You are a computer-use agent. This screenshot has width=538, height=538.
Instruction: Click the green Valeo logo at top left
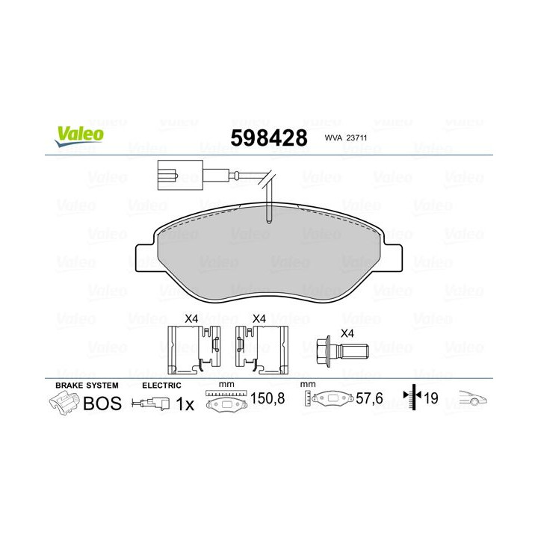[x=78, y=133]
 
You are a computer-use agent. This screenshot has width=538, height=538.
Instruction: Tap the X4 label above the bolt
[x=347, y=334]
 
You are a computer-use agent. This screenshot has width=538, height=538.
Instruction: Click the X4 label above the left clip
[x=191, y=318]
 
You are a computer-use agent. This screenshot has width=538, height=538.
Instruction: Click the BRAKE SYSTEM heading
[x=86, y=385]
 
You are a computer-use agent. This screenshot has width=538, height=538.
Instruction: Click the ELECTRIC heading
[x=161, y=385]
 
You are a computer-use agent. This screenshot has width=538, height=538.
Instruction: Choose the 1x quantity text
[x=185, y=404]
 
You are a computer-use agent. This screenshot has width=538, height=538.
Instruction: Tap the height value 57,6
[x=368, y=399]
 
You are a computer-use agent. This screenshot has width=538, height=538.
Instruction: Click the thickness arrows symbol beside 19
[x=412, y=398]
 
